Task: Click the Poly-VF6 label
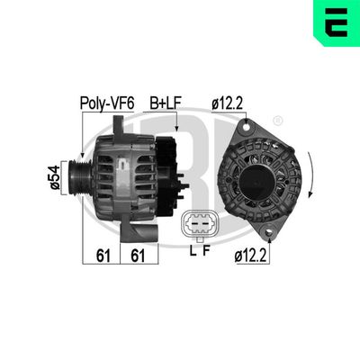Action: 106,103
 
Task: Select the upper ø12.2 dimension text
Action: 227,103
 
